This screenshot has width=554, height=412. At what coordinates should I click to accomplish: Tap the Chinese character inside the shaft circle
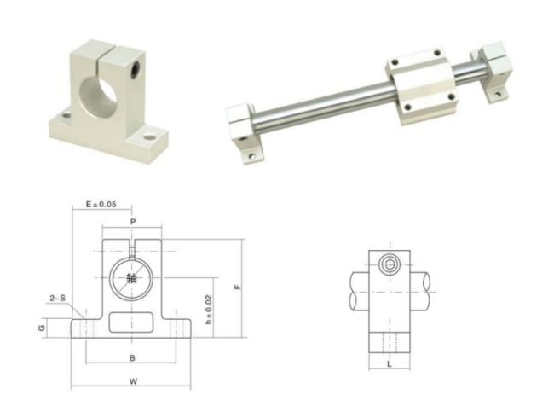[x=130, y=278]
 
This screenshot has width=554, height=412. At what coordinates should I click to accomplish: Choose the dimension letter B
[x=131, y=357]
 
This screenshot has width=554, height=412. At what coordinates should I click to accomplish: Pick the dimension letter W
[x=132, y=381]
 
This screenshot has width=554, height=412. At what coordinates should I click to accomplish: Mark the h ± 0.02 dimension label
[x=210, y=313]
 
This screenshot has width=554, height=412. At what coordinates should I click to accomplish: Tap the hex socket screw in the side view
[x=390, y=264]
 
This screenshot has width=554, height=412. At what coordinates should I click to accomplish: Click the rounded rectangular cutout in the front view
[x=131, y=323]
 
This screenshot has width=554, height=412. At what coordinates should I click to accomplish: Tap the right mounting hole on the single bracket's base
[x=151, y=135]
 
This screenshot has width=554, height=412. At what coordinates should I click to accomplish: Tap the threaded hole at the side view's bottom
[x=389, y=342]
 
